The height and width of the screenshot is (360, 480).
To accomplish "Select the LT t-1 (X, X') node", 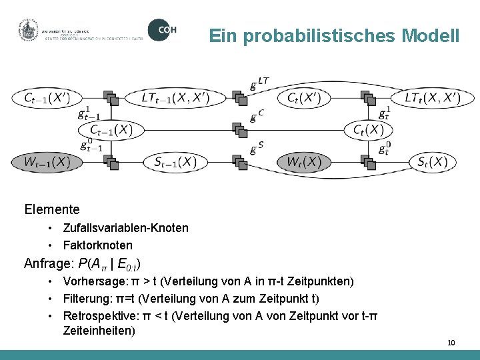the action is coord(175,98).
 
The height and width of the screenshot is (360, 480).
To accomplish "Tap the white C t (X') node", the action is coord(304,98).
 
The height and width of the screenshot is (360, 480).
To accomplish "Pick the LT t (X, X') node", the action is coord(432,98).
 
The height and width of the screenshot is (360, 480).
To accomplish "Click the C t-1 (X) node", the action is coord(111,129).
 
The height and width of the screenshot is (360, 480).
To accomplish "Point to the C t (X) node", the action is coord(369,129).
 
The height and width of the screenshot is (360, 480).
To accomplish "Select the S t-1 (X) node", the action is coord(175,161).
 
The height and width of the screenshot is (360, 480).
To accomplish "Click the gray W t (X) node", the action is coord(304,161).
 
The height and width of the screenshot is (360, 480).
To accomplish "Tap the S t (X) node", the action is coord(432,161).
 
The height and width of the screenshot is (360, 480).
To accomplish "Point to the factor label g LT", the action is coord(259,83).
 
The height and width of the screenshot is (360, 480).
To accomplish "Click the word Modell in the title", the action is coord(431,35).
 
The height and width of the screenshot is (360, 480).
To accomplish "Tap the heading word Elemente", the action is coord(51,209).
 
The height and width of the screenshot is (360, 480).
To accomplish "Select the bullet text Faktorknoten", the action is coord(97,245).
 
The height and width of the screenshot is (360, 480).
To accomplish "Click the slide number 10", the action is coord(451,343).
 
